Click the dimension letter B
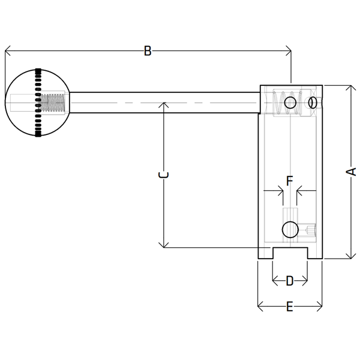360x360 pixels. coord(148,51)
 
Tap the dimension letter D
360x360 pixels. coord(290,280)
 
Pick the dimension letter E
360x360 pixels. coord(289,307)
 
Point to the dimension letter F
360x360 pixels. coord(290,180)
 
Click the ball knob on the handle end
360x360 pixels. coord(37,103)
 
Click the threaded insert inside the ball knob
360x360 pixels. coord(53,103)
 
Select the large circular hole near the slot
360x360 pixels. coord(290,229)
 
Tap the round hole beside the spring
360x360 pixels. coord(291,103)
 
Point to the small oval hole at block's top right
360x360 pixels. coord(312,103)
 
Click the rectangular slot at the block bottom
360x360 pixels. coord(290,254)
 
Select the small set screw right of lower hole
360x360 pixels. coord(310,229)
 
